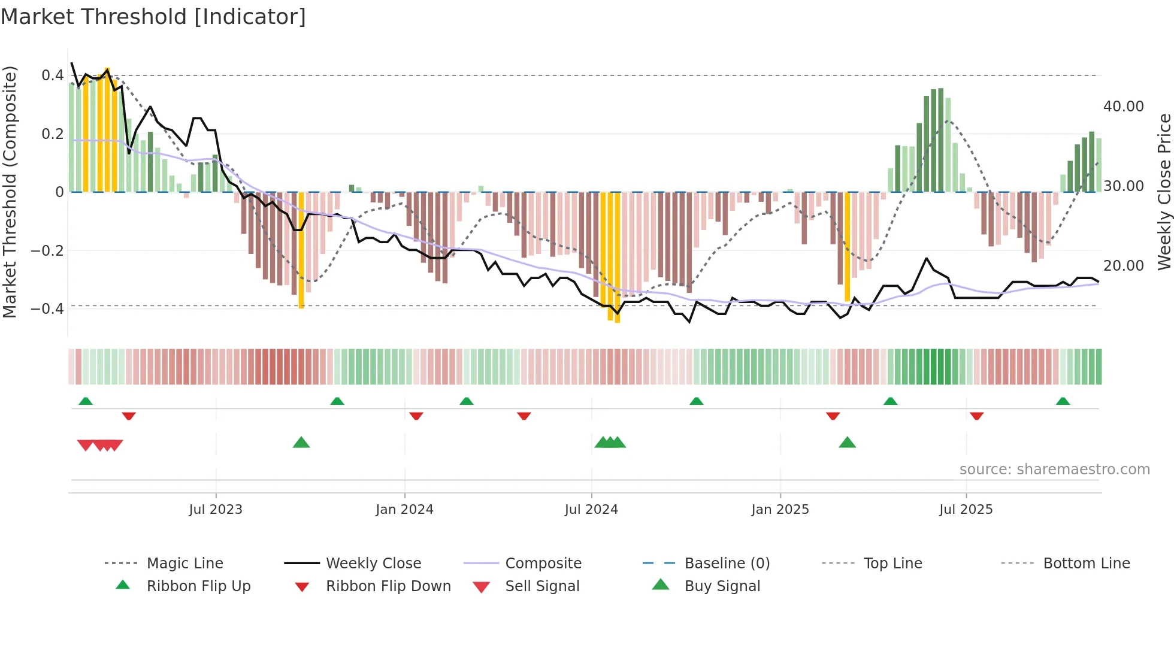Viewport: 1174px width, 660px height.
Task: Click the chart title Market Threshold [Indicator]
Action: [x=153, y=17]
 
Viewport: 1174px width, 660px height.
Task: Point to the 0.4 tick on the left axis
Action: [x=53, y=75]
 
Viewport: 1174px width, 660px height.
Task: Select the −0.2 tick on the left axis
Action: [x=47, y=250]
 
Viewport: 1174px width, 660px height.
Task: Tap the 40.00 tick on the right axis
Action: [x=1123, y=107]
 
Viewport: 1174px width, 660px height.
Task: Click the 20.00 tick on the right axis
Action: [x=1123, y=266]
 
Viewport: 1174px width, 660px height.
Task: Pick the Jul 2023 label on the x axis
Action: [x=216, y=510]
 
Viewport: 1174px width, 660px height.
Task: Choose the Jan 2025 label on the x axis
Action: [x=780, y=510]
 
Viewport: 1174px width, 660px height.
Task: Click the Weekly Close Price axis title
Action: [x=1164, y=192]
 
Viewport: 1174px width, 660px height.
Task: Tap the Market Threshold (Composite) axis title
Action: [x=10, y=192]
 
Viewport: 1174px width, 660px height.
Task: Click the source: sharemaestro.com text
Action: [x=1054, y=470]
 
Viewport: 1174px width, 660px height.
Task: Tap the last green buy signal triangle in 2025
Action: [x=847, y=443]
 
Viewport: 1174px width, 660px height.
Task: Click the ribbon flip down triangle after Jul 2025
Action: [x=976, y=416]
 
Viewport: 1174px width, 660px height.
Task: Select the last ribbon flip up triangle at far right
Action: [x=1063, y=401]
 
